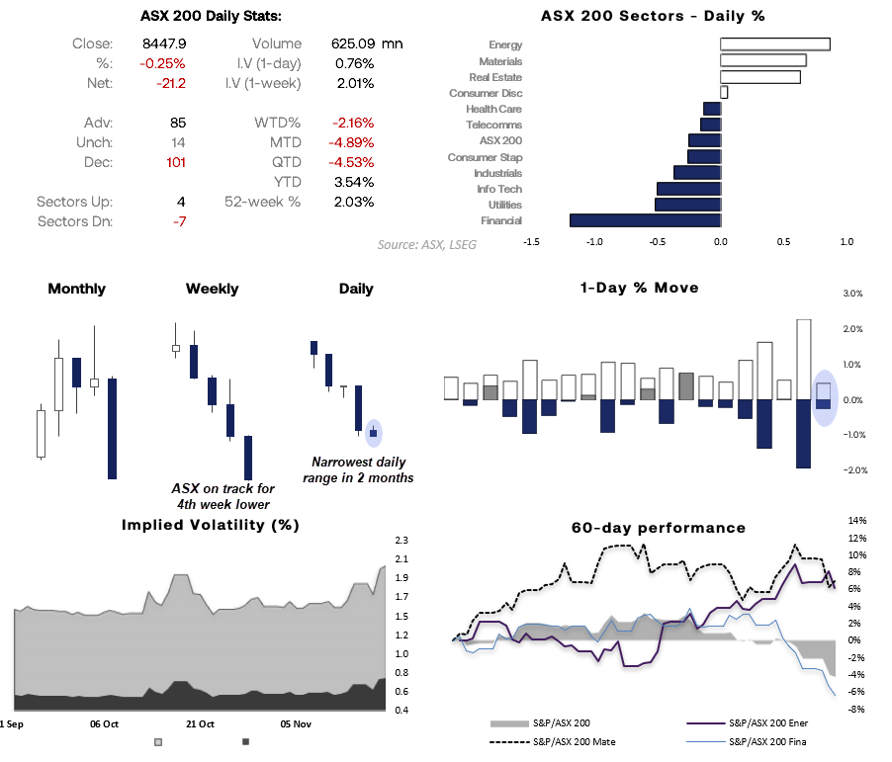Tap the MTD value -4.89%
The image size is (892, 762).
click(354, 142)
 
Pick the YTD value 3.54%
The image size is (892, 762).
click(354, 182)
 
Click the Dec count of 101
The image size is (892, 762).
click(175, 162)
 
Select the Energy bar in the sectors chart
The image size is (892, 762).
click(775, 44)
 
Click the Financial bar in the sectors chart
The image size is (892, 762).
click(645, 220)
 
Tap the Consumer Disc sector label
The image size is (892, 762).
click(485, 93)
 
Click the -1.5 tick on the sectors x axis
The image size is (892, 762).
click(531, 240)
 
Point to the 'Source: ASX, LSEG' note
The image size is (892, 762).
click(427, 244)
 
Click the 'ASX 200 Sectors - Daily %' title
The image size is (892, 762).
click(653, 16)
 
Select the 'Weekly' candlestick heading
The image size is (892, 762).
click(212, 289)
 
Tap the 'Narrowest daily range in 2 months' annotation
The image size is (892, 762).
click(359, 469)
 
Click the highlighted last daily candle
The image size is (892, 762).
click(373, 432)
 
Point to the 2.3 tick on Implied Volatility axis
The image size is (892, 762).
click(401, 541)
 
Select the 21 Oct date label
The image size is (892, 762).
click(199, 723)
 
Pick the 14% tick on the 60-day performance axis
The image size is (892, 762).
click(856, 520)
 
